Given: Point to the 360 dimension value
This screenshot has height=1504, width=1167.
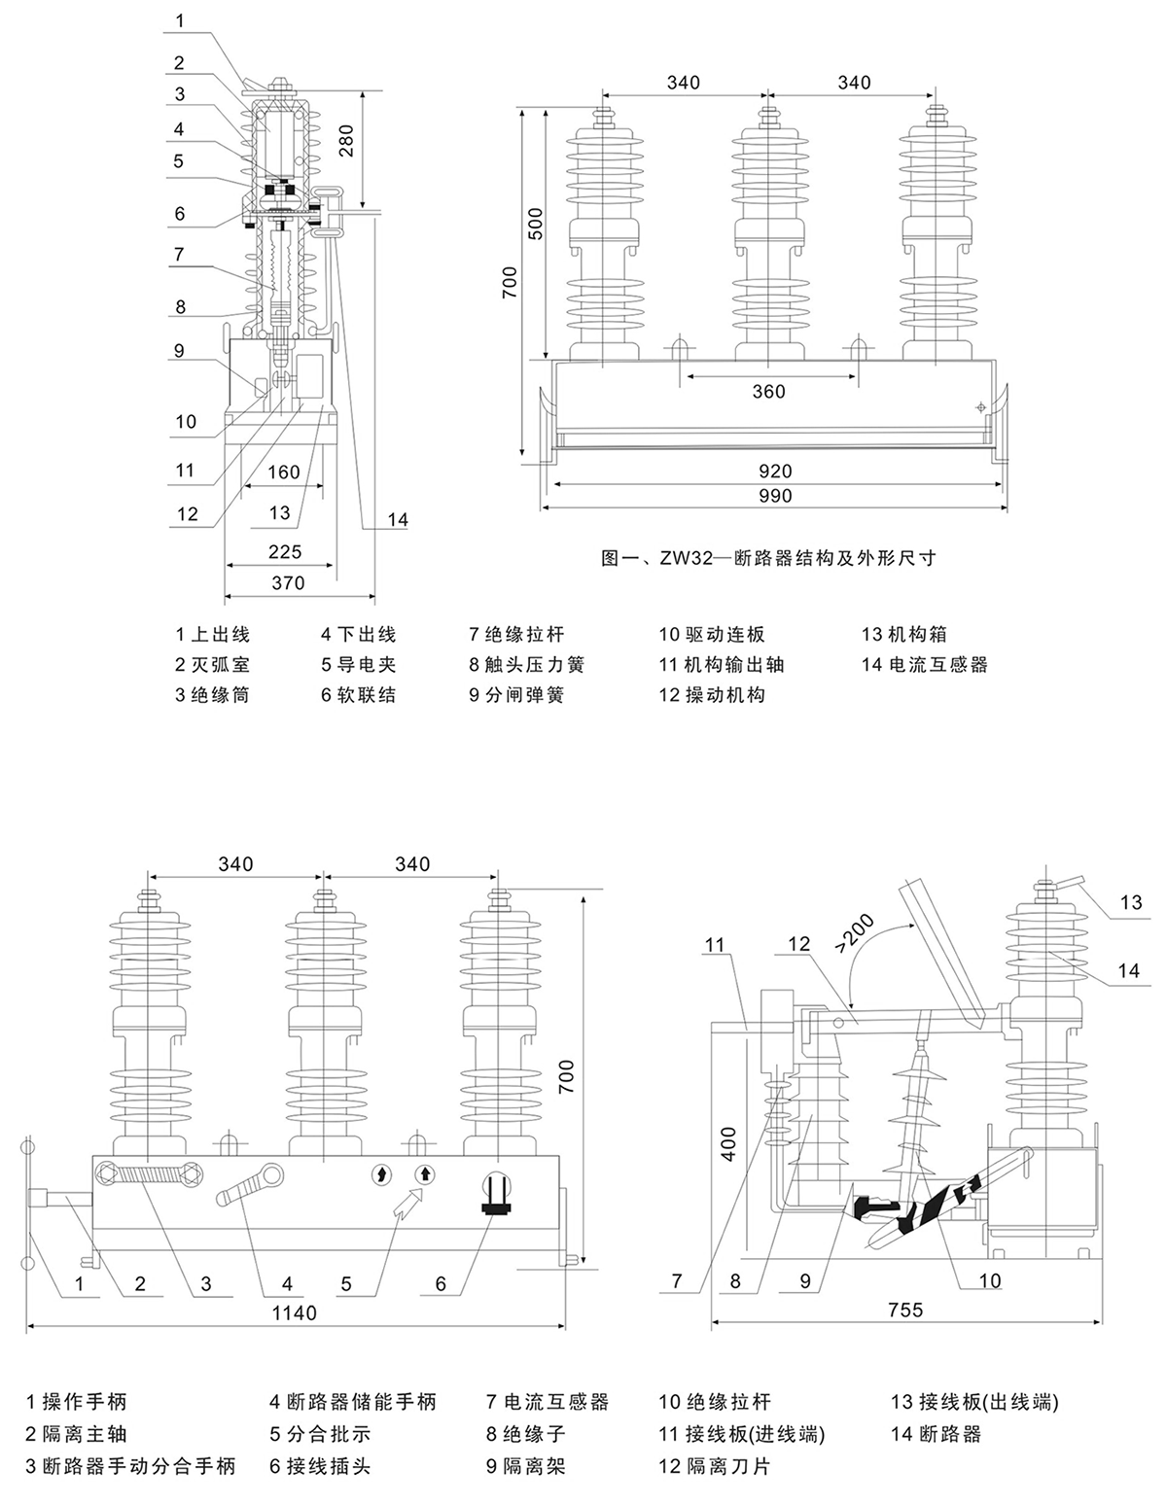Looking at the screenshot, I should pos(768,392).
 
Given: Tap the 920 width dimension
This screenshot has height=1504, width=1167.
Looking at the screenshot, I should pos(775,472).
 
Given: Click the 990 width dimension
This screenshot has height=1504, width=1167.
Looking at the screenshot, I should pos(775,496).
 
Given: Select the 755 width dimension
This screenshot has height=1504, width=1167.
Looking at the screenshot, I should pos(905,1310).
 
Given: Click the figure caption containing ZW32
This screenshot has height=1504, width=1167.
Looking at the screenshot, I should pos(768,558).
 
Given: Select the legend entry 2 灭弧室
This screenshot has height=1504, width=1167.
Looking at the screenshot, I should pos(212,665).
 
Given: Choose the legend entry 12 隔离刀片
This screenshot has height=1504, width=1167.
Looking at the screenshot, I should pos(713,1465).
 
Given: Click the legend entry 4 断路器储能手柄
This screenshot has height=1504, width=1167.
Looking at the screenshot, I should pos(353,1402).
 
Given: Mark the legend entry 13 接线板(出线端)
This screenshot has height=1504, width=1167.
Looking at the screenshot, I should pos(973,1402).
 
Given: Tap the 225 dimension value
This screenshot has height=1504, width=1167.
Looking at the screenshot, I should pos(284,552).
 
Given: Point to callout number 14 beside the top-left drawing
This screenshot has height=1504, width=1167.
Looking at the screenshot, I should pos(398,520).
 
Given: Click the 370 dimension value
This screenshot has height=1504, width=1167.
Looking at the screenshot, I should pos(288,583).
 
